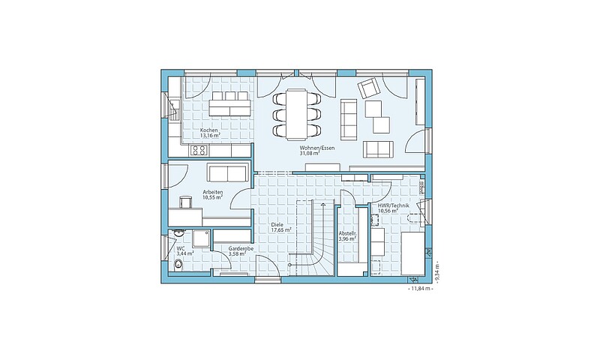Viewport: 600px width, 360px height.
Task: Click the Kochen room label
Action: [x=209, y=130]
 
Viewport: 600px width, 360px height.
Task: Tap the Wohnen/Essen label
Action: [x=312, y=148]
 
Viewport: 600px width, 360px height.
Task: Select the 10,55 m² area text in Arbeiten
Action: [x=213, y=197]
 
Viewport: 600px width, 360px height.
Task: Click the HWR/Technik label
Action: [x=393, y=205]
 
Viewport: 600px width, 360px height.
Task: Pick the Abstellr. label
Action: [x=348, y=233]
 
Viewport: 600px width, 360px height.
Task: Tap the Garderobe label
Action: [x=241, y=249]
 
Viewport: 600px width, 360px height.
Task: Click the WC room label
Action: [x=180, y=248]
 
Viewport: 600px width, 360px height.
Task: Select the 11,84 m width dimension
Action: [x=421, y=289]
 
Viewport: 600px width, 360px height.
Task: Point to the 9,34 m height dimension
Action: [x=437, y=273]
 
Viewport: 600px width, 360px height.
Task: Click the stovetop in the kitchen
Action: [x=199, y=150]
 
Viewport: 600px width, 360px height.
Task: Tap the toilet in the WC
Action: [x=178, y=264]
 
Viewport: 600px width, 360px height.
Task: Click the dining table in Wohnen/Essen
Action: [x=297, y=113]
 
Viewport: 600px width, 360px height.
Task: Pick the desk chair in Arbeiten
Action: [x=185, y=202]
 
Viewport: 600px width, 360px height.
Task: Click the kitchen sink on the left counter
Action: [x=175, y=109]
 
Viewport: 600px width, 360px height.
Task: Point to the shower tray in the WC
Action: [x=201, y=238]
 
